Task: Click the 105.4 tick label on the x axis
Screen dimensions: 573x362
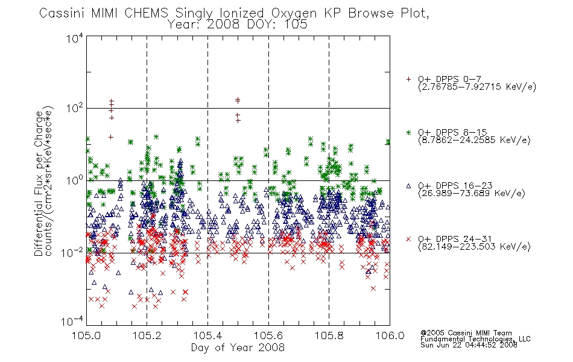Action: click(207, 335)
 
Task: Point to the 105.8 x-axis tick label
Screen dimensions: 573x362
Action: click(329, 335)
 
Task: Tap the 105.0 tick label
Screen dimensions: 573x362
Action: click(86, 335)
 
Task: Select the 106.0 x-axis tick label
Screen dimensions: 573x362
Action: click(390, 335)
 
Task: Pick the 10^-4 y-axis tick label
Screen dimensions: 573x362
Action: click(72, 321)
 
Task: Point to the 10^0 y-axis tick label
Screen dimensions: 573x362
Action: click(75, 180)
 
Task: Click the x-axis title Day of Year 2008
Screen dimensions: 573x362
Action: click(238, 348)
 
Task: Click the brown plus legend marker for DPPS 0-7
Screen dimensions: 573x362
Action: click(408, 79)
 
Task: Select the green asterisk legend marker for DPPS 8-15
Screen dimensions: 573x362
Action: click(408, 132)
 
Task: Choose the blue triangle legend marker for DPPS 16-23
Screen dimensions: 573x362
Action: click(408, 186)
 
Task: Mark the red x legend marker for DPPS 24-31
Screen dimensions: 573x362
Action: click(408, 239)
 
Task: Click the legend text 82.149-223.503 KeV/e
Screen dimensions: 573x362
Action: click(474, 246)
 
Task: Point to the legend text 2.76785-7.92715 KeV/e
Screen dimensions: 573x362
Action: click(477, 87)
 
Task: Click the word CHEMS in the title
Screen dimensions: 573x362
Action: click(146, 13)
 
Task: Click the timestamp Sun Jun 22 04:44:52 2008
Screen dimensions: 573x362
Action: click(469, 345)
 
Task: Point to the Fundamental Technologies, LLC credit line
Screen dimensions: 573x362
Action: click(475, 339)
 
